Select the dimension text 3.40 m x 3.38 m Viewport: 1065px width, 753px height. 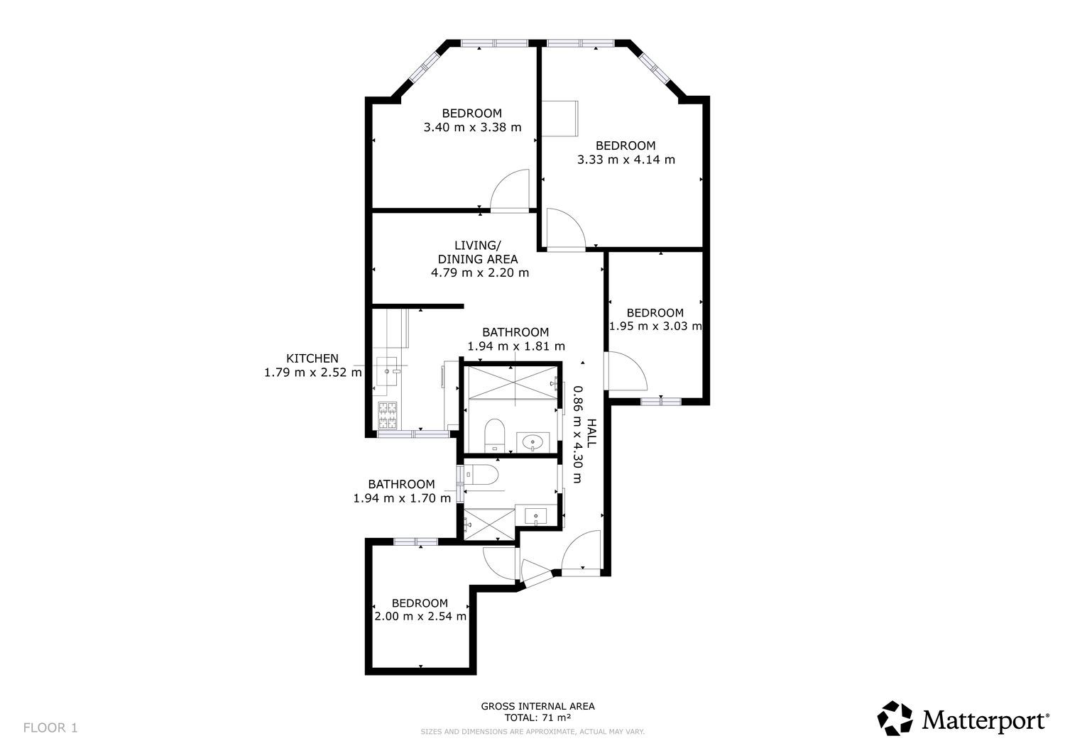point(472,128)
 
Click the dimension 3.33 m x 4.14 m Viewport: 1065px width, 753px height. point(626,160)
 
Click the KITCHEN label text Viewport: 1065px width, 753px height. point(312,358)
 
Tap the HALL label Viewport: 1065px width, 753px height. point(591,433)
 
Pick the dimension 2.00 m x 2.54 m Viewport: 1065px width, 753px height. point(420,617)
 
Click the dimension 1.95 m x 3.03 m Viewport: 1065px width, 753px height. point(655,326)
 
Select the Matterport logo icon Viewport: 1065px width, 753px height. point(895,718)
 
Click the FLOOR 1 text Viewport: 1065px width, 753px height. point(50,727)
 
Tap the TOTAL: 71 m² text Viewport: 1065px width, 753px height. point(537,718)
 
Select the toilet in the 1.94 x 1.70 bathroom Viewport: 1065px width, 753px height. point(481,474)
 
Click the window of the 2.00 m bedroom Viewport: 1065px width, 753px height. point(415,542)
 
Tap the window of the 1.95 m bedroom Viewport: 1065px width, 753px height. point(661,402)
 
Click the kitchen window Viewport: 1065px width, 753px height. point(413,434)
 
